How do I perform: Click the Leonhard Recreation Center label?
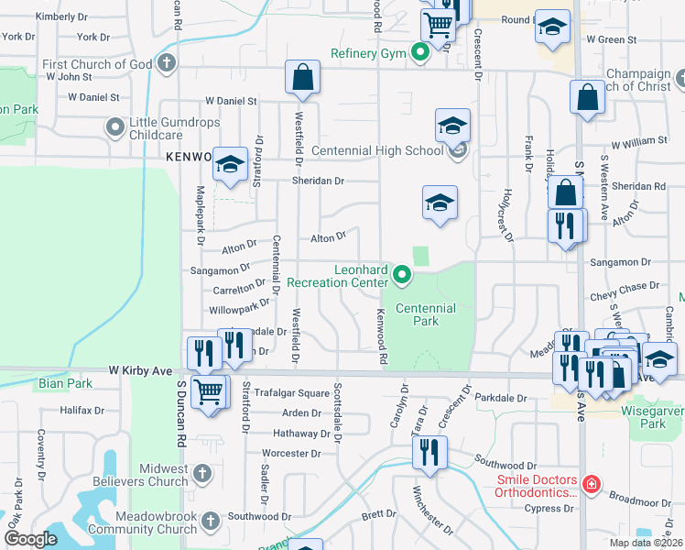coord(337,276)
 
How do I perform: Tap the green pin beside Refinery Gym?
coord(420,53)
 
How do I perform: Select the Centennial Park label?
coord(426,315)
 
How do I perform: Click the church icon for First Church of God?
coord(166,64)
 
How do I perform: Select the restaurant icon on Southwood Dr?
coord(428,451)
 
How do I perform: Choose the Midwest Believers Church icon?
coord(202,474)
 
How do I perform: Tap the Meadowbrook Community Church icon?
coord(211,522)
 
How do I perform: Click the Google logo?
coord(30,539)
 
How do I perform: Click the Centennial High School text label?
coord(376,150)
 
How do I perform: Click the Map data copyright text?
coord(647,543)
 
